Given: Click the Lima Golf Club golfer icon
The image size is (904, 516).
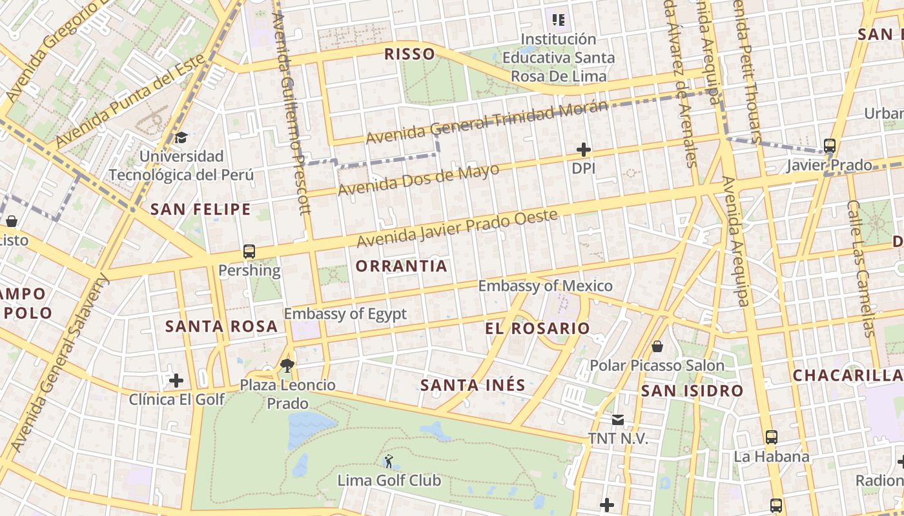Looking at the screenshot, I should click(388, 461).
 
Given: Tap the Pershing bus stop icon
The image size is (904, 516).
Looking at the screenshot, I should click(249, 252).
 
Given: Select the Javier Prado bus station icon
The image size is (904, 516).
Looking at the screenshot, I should click(830, 146).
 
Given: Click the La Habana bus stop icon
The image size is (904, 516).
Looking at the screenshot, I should click(771, 437).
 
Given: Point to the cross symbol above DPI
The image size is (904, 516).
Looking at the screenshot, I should click(584, 150).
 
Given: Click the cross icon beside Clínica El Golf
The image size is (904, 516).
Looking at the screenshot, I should click(176, 381).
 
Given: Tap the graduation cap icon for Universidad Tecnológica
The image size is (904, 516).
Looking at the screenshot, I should click(181, 137).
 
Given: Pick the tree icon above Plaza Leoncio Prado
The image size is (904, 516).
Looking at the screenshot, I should click(288, 366).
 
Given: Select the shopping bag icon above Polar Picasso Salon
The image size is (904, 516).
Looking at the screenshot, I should click(657, 347).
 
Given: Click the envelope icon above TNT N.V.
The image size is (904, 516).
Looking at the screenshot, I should click(618, 421).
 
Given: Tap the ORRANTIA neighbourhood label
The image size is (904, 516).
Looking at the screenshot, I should click(401, 266).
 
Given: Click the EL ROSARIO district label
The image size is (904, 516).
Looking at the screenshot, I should click(537, 328).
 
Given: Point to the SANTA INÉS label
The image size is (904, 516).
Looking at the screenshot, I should click(473, 386).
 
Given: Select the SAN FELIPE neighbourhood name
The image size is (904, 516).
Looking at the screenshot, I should click(200, 209).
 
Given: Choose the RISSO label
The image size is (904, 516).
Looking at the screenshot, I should click(409, 54).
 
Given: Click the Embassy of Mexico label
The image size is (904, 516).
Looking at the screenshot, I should click(545, 286).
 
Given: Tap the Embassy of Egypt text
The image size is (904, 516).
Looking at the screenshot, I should click(345, 314).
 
